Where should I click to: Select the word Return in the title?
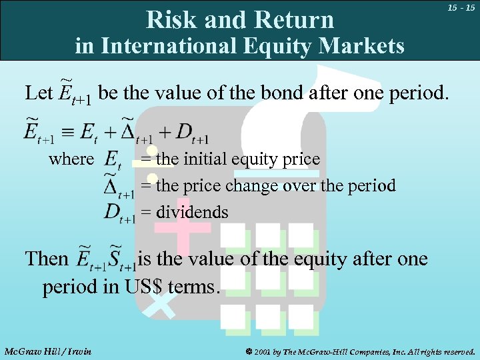click(297, 20)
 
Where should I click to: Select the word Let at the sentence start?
click(37, 93)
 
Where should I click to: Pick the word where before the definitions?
click(71, 159)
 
